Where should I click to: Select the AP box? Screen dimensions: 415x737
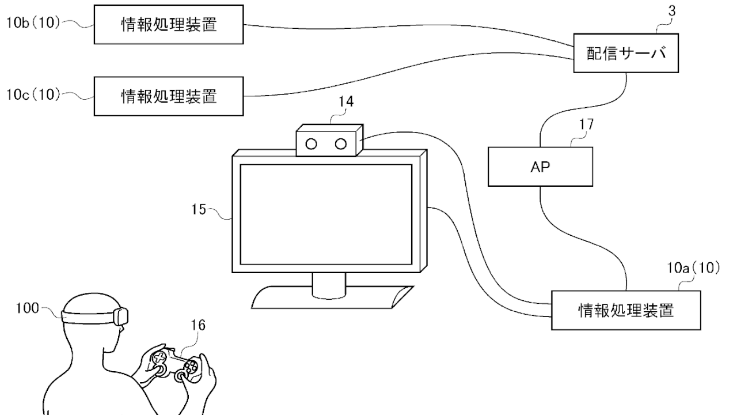point(540,167)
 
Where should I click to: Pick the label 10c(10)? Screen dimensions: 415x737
point(33,95)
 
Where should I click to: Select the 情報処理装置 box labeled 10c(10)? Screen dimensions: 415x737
point(169,96)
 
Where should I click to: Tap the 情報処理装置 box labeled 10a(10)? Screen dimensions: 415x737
point(626,311)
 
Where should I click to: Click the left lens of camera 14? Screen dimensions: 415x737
point(311,143)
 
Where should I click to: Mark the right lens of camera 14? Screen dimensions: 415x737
point(341,143)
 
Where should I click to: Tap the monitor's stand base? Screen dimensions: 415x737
point(333,296)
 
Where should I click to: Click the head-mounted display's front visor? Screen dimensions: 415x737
point(121,315)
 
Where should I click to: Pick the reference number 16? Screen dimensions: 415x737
point(197,326)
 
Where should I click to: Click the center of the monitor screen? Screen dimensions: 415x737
point(325,213)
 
